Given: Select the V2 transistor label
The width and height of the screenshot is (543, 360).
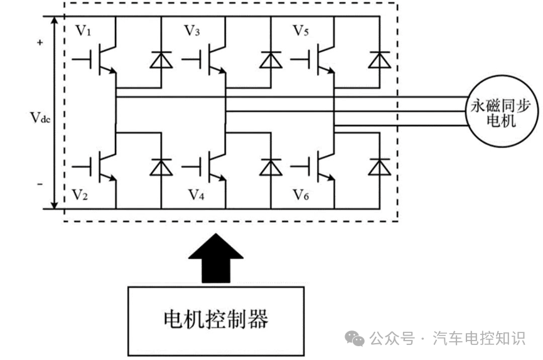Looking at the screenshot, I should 80,195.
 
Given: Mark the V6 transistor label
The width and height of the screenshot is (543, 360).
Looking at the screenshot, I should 301,195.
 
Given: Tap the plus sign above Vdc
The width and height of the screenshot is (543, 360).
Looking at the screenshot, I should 40,43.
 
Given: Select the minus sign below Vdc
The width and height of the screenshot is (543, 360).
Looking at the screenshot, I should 40,184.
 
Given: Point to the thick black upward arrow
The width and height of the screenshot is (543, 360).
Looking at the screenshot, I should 216,258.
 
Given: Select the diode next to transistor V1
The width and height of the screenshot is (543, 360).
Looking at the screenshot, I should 161,60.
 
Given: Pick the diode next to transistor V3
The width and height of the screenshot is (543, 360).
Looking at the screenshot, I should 271,60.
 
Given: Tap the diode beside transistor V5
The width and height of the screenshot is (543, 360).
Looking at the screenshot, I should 379,60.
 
